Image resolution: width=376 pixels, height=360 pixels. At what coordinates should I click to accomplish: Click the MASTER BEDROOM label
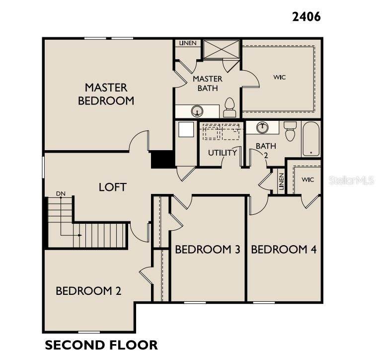106,94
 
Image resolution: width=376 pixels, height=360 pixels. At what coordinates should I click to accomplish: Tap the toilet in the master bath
229,107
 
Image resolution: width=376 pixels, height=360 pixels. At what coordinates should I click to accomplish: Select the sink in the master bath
197,111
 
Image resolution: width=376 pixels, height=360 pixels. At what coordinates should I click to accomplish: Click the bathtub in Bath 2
311,139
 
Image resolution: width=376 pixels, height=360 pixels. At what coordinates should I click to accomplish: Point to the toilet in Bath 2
290,131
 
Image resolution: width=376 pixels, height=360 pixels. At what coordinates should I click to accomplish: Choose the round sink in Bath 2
262,127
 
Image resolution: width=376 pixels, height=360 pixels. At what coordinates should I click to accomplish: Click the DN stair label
61,193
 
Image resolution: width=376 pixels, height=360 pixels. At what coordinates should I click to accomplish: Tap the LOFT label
112,187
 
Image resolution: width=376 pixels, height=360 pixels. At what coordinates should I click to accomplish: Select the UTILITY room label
223,153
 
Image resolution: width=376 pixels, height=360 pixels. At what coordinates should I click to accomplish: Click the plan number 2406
306,17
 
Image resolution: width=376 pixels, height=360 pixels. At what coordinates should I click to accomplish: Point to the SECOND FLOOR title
101,345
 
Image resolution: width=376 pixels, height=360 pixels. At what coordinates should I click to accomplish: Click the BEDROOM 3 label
208,250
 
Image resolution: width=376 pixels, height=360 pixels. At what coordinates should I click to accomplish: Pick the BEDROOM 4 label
284,250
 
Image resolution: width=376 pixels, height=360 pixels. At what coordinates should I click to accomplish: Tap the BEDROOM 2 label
88,291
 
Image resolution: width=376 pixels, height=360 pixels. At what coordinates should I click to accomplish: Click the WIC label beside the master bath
279,77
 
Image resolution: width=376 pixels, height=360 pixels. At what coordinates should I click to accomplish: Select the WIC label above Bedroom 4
307,180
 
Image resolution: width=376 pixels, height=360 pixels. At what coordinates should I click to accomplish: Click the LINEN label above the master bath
188,43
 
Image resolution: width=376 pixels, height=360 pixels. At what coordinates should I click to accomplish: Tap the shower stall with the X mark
222,49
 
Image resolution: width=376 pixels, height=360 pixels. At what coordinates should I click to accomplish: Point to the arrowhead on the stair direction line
80,235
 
